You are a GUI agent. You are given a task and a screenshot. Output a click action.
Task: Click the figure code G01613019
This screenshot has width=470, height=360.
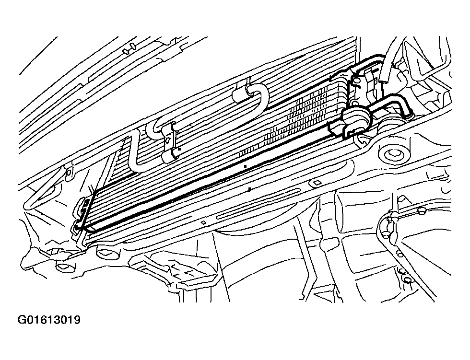[x=49, y=320]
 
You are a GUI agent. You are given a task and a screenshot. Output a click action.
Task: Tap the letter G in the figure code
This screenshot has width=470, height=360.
[x=22, y=320]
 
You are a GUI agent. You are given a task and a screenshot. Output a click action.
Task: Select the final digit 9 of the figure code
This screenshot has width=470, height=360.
[x=77, y=320]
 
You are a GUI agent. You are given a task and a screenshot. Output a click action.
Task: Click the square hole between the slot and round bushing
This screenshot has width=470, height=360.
[x=317, y=182]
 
